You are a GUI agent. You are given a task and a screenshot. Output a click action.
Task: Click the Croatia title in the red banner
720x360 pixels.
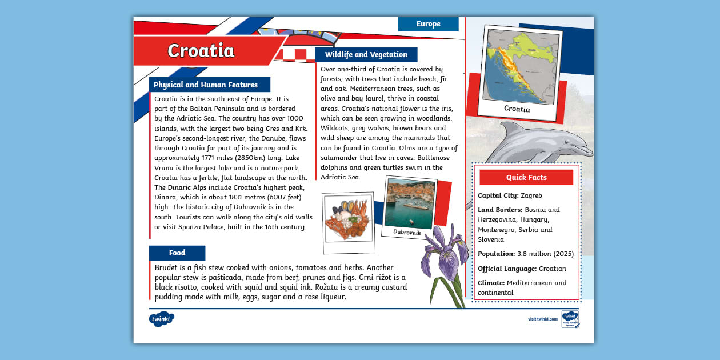pyautogui.click(x=201, y=51)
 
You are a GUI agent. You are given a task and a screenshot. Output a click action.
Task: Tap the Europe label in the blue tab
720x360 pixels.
pyautogui.click(x=428, y=24)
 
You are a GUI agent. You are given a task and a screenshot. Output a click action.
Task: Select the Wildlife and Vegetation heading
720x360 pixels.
pyautogui.click(x=366, y=55)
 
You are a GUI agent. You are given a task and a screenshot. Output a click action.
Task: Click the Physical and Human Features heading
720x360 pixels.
pyautogui.click(x=206, y=85)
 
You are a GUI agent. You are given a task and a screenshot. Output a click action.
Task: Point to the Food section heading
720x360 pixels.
pyautogui.click(x=177, y=253)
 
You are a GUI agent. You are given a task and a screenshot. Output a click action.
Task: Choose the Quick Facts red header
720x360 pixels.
pyautogui.click(x=526, y=177)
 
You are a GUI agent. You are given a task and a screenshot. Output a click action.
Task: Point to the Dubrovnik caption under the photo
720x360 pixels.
pyautogui.click(x=407, y=232)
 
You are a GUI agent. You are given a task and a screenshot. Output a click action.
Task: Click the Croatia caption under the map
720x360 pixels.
pyautogui.click(x=517, y=109)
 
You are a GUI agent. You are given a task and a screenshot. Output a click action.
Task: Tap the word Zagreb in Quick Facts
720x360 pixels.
pyautogui.click(x=531, y=195)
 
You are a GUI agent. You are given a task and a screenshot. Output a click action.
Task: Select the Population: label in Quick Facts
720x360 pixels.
pyautogui.click(x=496, y=254)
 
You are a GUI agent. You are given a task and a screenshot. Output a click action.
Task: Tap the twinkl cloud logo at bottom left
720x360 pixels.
pyautogui.click(x=161, y=319)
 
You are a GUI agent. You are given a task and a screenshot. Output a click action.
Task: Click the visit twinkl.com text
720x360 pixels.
pyautogui.click(x=542, y=319)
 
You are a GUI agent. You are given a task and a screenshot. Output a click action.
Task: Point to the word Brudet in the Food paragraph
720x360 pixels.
pyautogui.click(x=166, y=267)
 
